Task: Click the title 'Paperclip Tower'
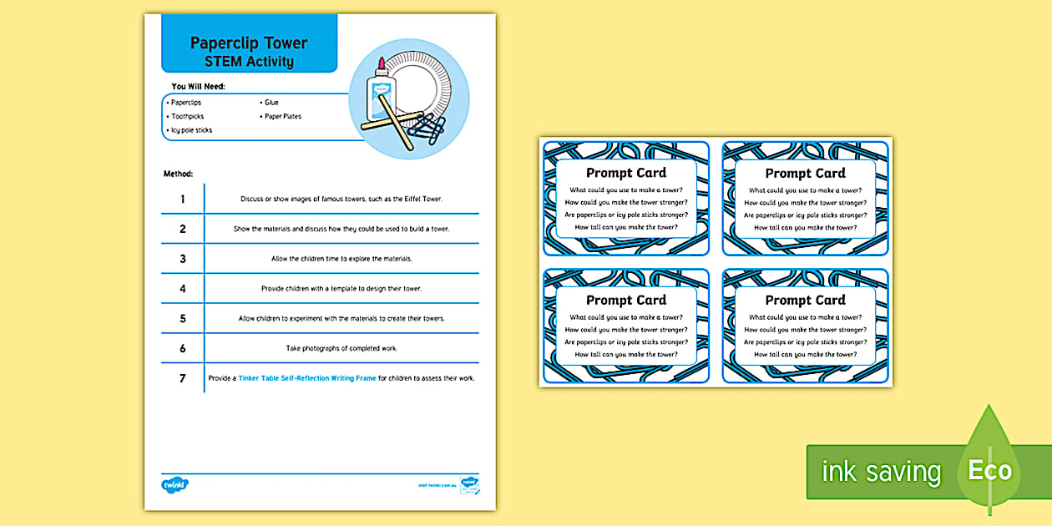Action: (x=249, y=43)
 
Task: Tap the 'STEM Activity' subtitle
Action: (x=249, y=61)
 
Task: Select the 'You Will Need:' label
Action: (x=198, y=86)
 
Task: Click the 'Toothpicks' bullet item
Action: (x=188, y=116)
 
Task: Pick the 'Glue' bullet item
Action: (x=271, y=102)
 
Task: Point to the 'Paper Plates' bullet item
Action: (x=283, y=116)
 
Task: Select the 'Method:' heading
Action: (x=179, y=174)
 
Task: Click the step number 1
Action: (x=183, y=199)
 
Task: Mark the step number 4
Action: (x=183, y=288)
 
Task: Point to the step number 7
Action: (x=183, y=378)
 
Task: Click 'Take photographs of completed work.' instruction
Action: (x=341, y=348)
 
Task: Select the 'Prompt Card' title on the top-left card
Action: (x=626, y=173)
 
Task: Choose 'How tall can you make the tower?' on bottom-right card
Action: (x=805, y=354)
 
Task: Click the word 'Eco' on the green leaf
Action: (x=990, y=471)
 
